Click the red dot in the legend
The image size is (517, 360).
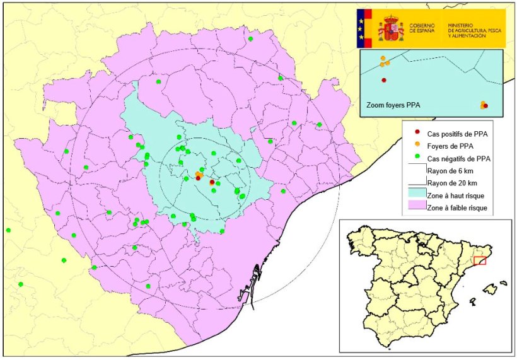point(416,133)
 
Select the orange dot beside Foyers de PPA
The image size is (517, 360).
point(416,146)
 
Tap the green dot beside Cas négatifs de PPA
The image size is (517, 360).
point(416,158)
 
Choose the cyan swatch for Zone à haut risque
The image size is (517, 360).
point(416,195)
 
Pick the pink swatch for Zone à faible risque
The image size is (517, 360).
point(416,207)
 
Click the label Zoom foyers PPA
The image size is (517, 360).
point(393,105)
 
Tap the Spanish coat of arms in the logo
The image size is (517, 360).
point(391,29)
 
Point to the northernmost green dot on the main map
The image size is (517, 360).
point(250,39)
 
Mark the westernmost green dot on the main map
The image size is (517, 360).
point(8,231)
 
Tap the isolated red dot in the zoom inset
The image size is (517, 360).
point(383,80)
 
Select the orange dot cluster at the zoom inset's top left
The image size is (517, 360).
point(384,61)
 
